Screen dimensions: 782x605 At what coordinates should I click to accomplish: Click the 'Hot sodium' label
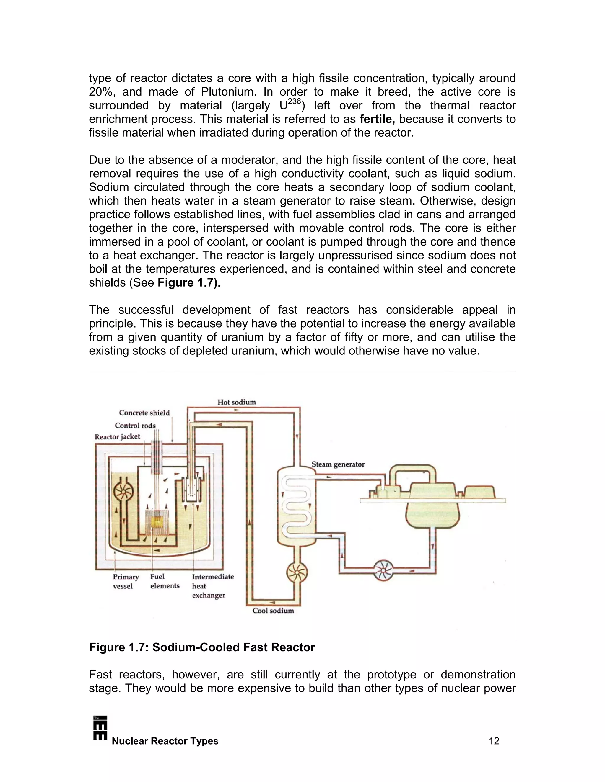point(237,402)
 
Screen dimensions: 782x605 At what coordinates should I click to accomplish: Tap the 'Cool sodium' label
point(273,611)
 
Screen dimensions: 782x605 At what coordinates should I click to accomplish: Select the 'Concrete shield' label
point(144,413)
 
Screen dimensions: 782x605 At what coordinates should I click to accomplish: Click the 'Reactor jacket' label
point(117,436)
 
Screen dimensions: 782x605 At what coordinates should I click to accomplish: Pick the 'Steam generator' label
point(338,464)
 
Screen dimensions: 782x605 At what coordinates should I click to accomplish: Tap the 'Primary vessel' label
point(126,582)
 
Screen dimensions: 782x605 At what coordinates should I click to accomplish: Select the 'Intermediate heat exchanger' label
point(212,586)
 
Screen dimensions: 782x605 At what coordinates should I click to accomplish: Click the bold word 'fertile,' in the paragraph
point(377,119)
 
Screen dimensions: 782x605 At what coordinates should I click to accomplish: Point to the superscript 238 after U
point(294,102)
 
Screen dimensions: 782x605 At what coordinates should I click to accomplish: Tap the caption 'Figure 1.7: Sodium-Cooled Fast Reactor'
point(202,647)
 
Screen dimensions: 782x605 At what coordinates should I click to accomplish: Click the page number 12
point(494,741)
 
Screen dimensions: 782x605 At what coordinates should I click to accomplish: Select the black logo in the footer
point(100,728)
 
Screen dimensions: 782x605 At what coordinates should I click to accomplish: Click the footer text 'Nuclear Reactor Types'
point(165,741)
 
